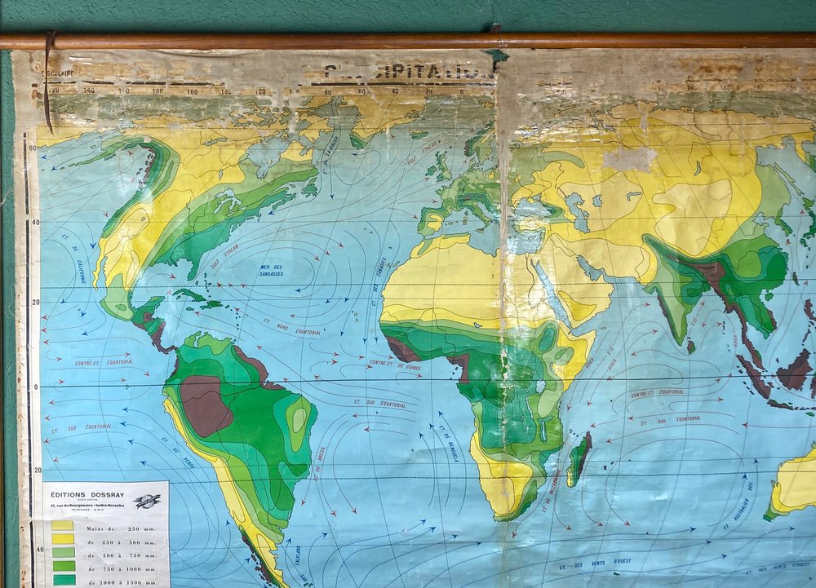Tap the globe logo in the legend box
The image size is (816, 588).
(x=148, y=501)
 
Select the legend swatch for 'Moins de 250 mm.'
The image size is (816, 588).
(x=63, y=526)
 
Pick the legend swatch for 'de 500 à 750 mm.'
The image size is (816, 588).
(x=63, y=552)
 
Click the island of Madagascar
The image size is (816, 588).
(x=579, y=458)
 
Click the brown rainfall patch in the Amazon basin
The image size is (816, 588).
(x=204, y=404)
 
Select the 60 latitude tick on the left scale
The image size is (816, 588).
(x=32, y=148)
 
